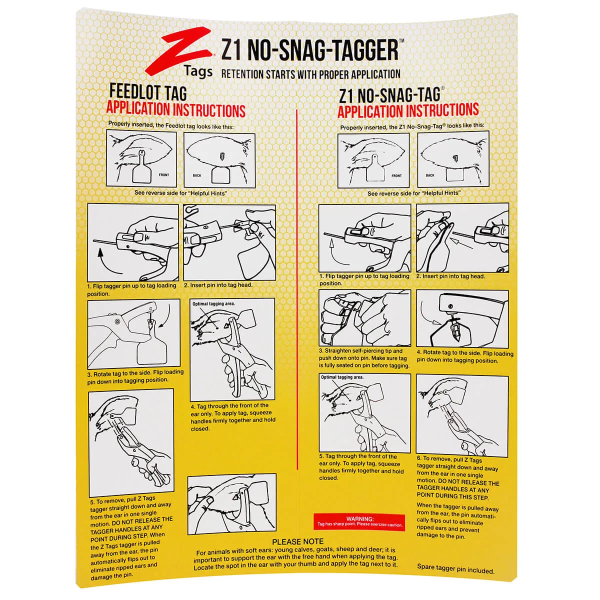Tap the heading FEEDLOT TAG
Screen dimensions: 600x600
[x=148, y=93]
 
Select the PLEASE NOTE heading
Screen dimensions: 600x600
[x=298, y=541]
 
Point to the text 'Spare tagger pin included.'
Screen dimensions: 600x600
[x=455, y=570]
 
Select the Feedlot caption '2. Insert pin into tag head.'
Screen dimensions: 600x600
[x=218, y=285]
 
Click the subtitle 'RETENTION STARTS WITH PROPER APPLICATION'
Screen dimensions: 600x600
[x=310, y=74]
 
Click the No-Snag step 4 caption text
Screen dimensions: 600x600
[x=464, y=356]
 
